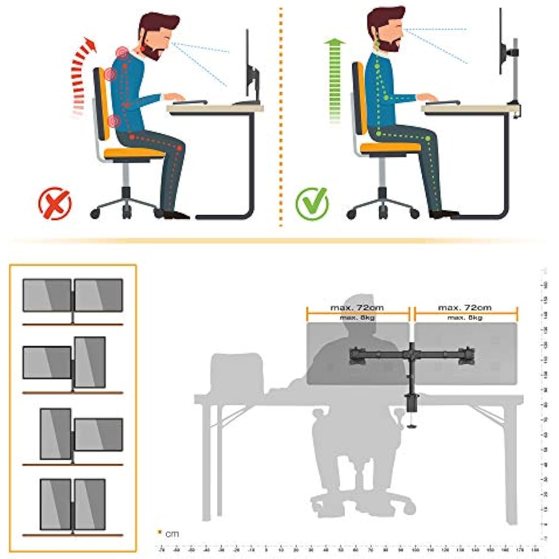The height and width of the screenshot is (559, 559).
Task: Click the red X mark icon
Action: (x=55, y=203)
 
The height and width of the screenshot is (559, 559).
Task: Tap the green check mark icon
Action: (x=312, y=203)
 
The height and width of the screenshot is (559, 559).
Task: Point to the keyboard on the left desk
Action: (x=190, y=102)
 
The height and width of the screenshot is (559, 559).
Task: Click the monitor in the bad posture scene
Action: (x=250, y=69)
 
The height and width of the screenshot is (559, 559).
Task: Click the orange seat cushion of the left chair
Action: (x=134, y=152)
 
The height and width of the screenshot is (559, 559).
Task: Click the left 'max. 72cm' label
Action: (x=357, y=307)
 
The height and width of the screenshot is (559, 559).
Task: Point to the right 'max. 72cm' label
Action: (x=464, y=307)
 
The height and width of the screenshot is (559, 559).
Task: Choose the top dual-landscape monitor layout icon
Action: (x=73, y=296)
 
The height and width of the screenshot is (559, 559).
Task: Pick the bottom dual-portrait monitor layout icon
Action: (x=73, y=505)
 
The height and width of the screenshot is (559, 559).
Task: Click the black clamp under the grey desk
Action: (x=411, y=407)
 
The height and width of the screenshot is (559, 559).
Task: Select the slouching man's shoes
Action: (x=175, y=215)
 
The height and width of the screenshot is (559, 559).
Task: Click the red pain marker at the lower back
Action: (x=115, y=121)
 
